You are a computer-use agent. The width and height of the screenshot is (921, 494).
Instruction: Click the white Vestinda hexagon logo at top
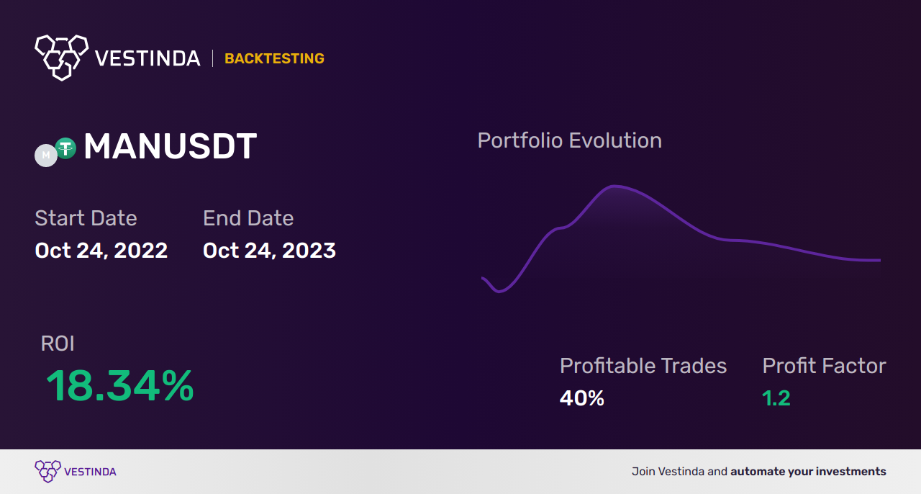coord(62,58)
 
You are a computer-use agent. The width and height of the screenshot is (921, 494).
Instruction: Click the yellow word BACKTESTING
coord(274,58)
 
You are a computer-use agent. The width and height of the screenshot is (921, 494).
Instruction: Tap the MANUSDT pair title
coord(171,146)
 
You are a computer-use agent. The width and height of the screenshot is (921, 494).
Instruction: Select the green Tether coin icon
coord(65,148)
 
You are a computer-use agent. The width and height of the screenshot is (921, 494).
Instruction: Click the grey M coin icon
coord(45,156)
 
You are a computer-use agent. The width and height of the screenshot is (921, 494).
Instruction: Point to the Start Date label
coord(86,217)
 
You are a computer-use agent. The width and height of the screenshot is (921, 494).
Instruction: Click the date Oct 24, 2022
coord(101,251)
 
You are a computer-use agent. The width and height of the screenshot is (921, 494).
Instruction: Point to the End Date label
coord(248,217)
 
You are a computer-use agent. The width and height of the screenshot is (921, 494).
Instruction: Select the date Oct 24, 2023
coord(269,251)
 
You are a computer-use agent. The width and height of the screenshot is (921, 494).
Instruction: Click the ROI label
coord(58,343)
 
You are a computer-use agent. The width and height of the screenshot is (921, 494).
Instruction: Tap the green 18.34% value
coord(119,385)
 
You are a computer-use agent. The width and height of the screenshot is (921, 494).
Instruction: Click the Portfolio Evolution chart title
coord(570,140)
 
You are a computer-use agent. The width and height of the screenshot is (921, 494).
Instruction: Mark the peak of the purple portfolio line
coord(614,186)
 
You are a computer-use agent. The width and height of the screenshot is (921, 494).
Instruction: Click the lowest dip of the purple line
coord(499,292)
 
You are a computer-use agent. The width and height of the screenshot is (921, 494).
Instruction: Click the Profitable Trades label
coord(643,366)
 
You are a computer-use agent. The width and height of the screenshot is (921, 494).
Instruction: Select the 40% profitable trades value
coord(582,398)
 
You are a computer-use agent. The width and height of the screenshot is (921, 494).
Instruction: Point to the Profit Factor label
coord(824,366)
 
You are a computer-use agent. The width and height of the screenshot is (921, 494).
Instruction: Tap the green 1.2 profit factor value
coord(776,398)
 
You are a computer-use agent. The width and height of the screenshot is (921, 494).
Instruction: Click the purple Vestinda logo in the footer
coord(76,472)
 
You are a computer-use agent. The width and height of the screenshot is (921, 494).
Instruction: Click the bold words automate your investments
coord(808,472)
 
